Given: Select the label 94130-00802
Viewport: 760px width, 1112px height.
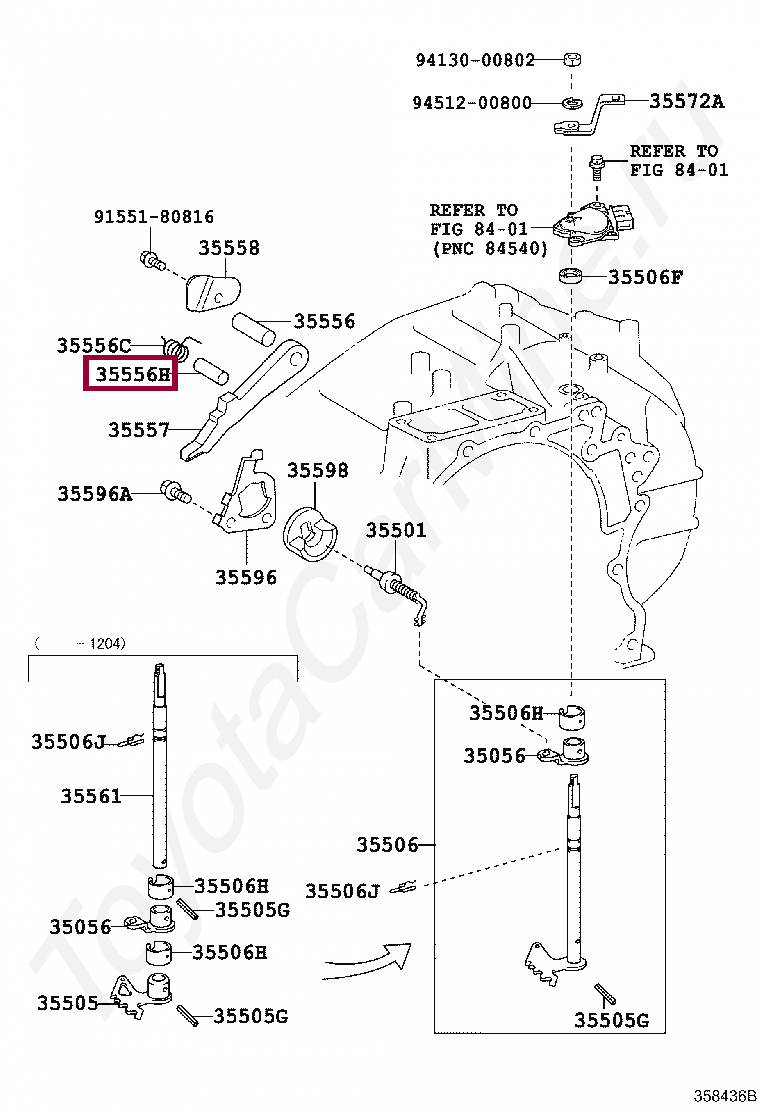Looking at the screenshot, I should click(475, 59).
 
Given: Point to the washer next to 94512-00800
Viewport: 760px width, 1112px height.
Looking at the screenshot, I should click(570, 103).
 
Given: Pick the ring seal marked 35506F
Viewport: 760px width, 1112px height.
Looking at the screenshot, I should click(572, 276).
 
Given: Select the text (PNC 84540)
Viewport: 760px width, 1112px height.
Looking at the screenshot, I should click(489, 248).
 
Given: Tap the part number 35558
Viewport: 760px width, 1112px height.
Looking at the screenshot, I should click(228, 248).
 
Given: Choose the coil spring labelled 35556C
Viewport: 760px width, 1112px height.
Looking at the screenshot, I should click(178, 349).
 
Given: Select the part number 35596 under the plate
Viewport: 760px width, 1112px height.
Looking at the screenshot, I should click(245, 577).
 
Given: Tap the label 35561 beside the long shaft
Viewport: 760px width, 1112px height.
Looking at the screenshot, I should click(90, 796).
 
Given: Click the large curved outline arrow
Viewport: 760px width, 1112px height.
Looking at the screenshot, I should click(370, 963).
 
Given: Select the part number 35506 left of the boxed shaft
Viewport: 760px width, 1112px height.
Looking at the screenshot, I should click(387, 845).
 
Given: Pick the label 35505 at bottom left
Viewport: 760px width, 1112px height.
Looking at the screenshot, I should click(67, 1002).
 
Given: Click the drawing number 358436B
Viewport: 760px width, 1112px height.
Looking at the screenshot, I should click(726, 1095).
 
